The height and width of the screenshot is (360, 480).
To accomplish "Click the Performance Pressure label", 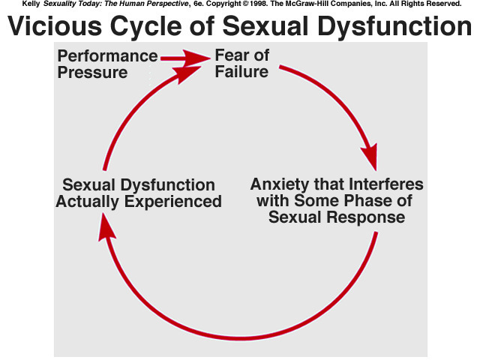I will click(107, 64).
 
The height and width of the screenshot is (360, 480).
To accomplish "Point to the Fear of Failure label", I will click(241, 64).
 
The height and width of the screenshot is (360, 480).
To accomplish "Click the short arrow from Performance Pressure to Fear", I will click(184, 56).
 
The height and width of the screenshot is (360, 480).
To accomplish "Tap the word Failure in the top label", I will click(242, 73).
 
